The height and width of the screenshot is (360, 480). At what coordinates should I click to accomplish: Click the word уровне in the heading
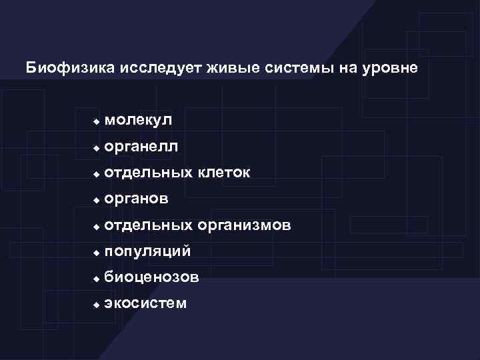(392, 69)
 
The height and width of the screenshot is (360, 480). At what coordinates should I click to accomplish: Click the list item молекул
(138, 120)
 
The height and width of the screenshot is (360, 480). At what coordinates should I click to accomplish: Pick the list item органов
(137, 199)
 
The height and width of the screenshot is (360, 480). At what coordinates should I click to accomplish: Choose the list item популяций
(147, 251)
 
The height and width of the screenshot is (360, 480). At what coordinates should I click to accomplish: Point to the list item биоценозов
(151, 277)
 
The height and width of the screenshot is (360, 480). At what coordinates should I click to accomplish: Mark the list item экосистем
(145, 304)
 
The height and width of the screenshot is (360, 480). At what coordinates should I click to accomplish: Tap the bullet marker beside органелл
(96, 147)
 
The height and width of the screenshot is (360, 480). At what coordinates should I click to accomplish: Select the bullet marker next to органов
(96, 200)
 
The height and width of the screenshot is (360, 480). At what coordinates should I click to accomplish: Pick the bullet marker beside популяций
(96, 253)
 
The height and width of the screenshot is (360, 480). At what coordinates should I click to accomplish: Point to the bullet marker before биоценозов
(96, 279)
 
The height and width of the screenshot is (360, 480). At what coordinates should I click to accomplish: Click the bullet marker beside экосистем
(96, 305)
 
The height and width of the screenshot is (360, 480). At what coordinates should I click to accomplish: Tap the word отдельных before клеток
(147, 173)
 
